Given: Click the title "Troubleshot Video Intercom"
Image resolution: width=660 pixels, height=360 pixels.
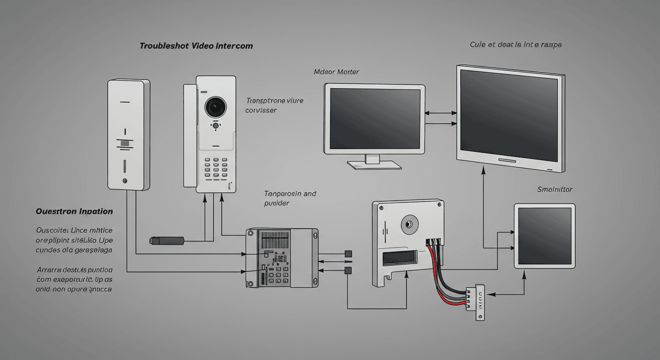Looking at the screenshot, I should [196, 46].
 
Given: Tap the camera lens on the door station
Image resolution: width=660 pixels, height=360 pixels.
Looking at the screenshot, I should [216, 107].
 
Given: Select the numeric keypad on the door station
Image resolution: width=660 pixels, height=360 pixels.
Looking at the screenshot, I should [216, 169].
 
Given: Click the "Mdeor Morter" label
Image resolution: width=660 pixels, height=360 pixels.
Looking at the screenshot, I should [336, 72].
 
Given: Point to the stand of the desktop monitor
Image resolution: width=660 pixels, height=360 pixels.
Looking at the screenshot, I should [374, 162].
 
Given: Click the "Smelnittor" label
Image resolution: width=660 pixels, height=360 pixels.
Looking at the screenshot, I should [555, 189].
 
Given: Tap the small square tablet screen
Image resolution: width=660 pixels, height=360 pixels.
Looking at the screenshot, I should [545, 235].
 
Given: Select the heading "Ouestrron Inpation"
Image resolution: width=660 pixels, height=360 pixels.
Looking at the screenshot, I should [74, 211].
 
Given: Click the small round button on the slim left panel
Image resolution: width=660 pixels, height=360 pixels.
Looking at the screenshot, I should [125, 180].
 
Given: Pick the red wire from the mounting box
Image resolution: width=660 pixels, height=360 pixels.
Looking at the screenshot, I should [436, 277].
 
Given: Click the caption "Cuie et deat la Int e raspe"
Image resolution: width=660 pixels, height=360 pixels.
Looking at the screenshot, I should [516, 45].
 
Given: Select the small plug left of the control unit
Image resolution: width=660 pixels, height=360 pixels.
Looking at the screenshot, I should [166, 240].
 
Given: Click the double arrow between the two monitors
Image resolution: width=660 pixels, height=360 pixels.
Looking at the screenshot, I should [441, 113].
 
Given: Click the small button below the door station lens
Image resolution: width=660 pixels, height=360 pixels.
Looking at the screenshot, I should [216, 125].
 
